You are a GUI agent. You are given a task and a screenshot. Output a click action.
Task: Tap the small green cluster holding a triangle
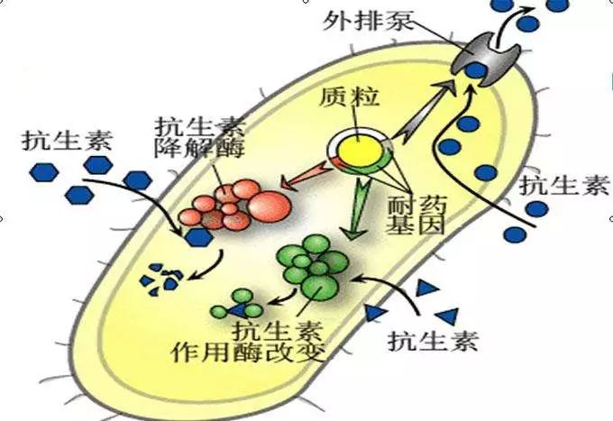[x=236, y=304]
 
